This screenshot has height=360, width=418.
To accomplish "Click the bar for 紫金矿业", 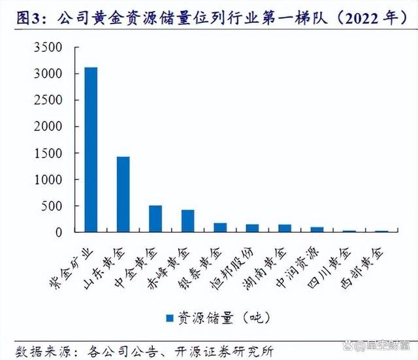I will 90,150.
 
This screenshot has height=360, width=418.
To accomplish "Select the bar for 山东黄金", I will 123,194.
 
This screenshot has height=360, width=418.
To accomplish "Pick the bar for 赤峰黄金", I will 188,221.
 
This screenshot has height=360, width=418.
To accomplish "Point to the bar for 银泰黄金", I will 220,227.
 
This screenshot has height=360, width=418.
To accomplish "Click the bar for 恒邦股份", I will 253,228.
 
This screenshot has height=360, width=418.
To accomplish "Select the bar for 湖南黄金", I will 285,228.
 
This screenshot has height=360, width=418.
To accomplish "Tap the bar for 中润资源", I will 317,229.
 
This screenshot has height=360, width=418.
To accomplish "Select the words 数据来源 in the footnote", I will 39,348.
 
